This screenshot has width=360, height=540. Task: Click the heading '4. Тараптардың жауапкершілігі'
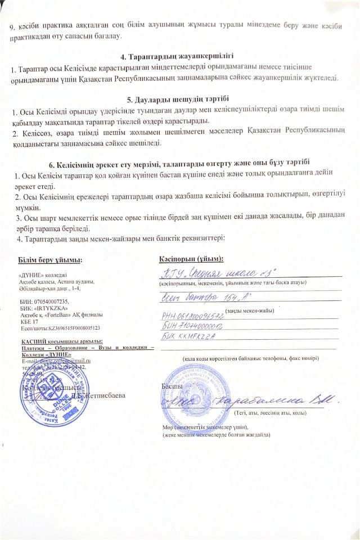[x=177, y=57]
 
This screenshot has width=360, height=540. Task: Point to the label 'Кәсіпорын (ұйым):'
[x=191, y=259]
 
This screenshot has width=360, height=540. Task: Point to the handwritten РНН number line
[x=192, y=317]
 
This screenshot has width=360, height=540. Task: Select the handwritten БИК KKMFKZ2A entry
[x=190, y=336]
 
